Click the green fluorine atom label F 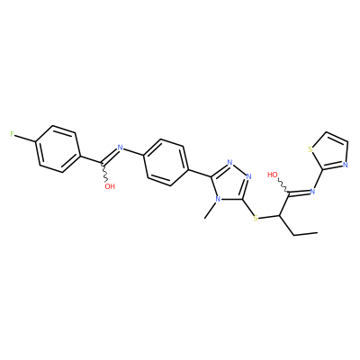click(x=13, y=134)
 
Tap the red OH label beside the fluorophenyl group click(x=110, y=186)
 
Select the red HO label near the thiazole click(x=273, y=175)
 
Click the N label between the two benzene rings click(x=121, y=148)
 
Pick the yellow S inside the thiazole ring click(x=310, y=149)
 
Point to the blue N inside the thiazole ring click(x=345, y=165)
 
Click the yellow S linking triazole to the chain click(x=256, y=218)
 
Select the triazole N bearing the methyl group click(x=218, y=199)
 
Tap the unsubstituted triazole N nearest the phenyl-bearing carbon click(x=230, y=163)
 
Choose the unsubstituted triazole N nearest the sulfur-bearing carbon click(x=248, y=176)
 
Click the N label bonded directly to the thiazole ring click(x=312, y=191)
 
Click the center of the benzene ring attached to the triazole click(x=166, y=162)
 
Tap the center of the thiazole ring click(x=330, y=151)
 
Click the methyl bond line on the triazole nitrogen click(x=211, y=210)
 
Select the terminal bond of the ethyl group click(x=306, y=234)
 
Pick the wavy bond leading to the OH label click(x=104, y=173)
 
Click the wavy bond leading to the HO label click(x=284, y=185)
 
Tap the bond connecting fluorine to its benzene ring click(x=25, y=138)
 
